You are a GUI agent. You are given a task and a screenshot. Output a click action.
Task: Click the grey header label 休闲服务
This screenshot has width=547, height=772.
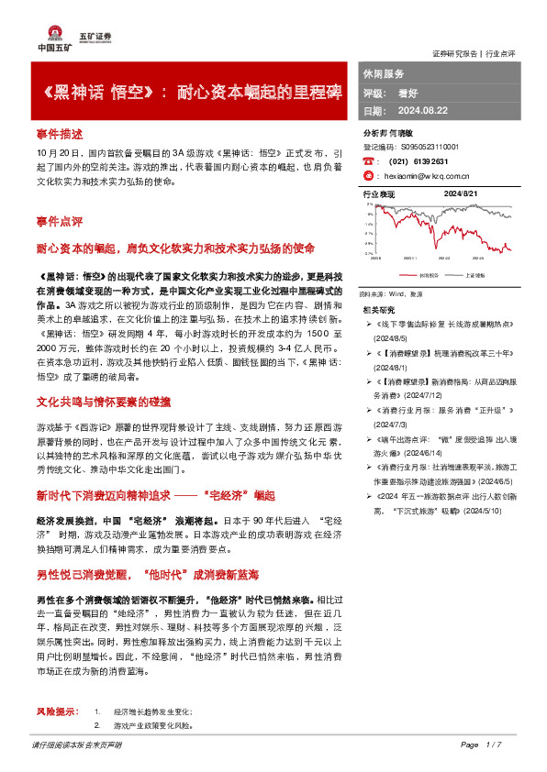pos(384,73)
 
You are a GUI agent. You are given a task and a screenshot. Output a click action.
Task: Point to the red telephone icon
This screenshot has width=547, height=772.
pos(368,160)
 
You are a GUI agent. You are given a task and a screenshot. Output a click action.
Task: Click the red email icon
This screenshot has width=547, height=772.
pos(368,174)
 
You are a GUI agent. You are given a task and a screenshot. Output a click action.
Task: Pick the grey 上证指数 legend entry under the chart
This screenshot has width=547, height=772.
pos(473,274)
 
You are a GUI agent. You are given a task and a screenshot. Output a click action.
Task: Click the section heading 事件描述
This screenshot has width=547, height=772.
pos(60,132)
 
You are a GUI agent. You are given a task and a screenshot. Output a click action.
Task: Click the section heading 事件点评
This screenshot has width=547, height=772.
pos(60,222)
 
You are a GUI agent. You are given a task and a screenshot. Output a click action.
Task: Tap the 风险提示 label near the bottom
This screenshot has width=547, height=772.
pos(55,711)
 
